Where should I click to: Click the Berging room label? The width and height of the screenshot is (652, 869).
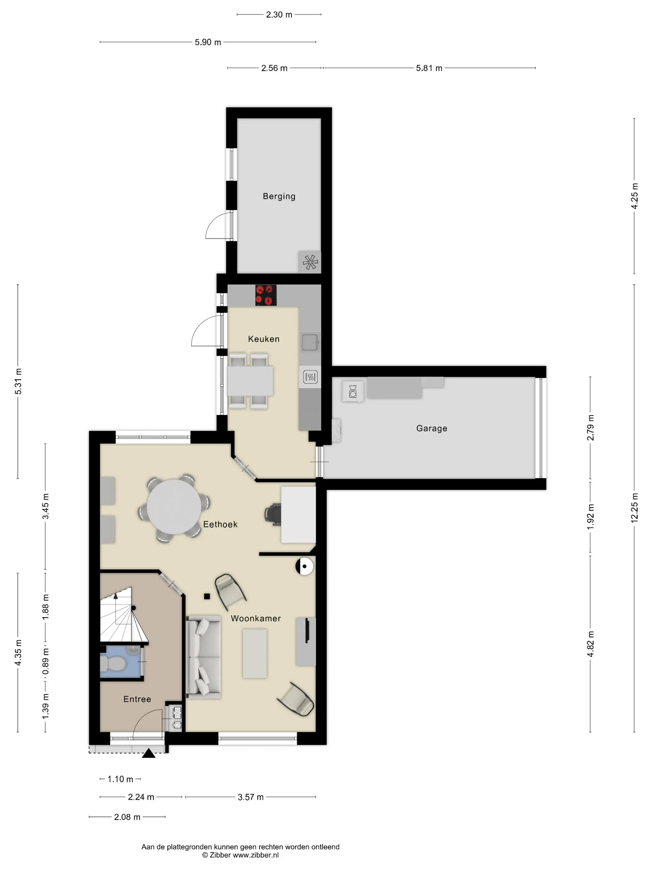tap(279, 196)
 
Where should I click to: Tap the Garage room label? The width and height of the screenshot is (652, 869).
tap(432, 428)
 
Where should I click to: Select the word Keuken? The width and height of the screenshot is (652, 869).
tap(264, 339)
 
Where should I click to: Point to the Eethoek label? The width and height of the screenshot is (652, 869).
tap(220, 524)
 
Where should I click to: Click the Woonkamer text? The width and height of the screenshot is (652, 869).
tap(256, 618)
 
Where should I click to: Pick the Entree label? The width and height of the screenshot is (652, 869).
tap(137, 699)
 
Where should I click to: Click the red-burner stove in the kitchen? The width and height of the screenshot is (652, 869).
tap(266, 295)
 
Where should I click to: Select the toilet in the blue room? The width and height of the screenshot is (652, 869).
tap(113, 664)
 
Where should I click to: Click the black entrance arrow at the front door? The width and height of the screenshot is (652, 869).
tap(148, 753)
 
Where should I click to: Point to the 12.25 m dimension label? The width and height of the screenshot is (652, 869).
tap(634, 507)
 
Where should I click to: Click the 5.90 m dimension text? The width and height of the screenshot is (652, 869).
tap(208, 42)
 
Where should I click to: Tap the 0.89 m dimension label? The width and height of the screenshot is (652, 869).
tap(46, 661)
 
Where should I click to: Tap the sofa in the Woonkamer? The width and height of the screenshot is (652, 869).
tap(203, 656)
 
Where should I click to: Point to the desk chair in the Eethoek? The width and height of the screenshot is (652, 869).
tap(272, 514)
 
